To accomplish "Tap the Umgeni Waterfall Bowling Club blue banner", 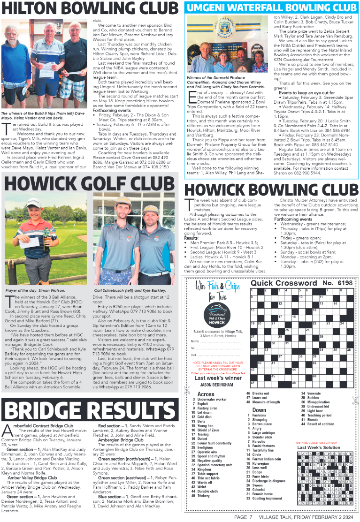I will tap(271, 8).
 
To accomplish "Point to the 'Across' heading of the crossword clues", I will tap(206, 394).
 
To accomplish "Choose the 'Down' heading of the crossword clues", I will tap(259, 410).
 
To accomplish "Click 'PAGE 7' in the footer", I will tap(244, 517).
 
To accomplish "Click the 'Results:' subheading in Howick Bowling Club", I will tap(192, 238).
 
